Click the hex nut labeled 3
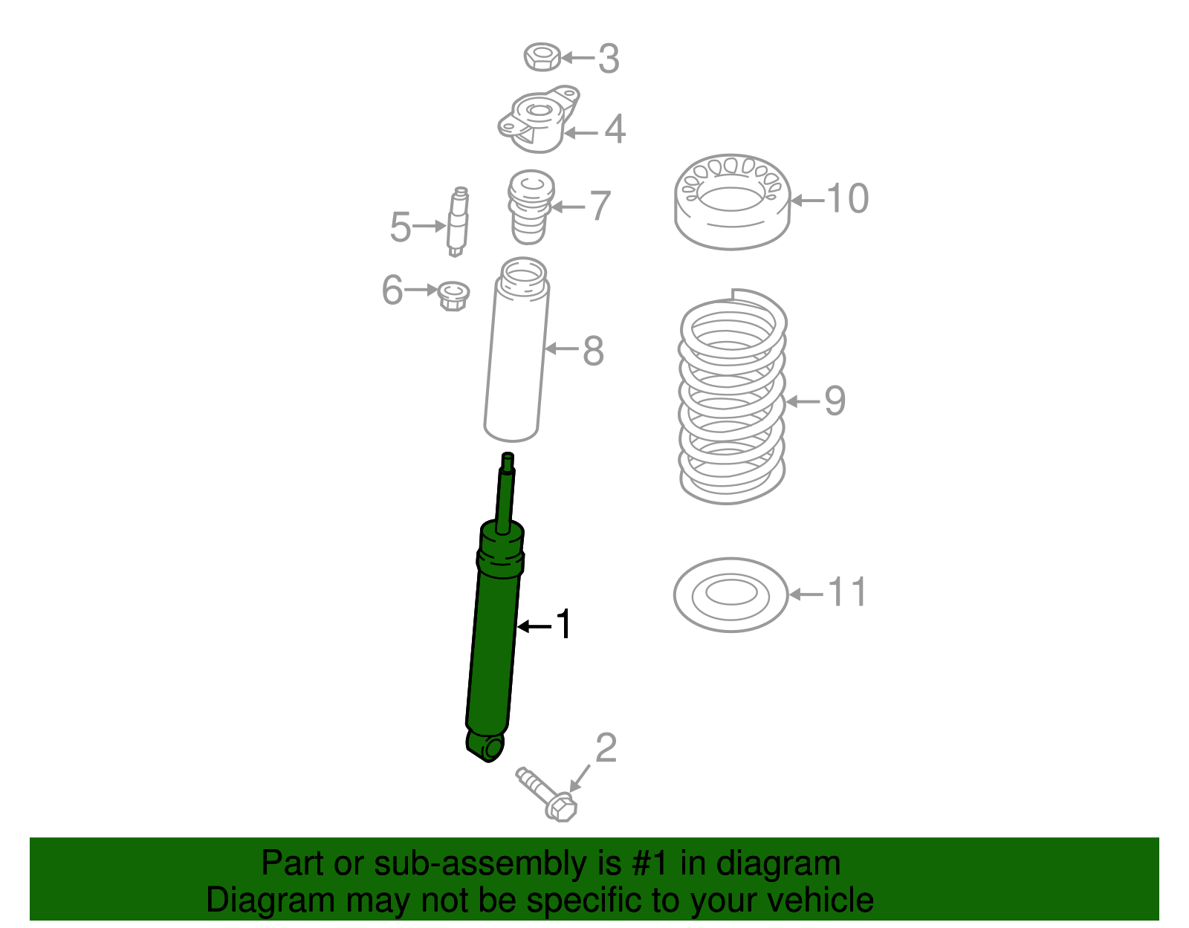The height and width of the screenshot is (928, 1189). pos(542,57)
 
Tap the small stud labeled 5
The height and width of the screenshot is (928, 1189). pos(458,221)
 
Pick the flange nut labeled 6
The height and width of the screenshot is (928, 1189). pos(453,295)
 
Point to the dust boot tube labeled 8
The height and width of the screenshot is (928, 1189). pos(515,357)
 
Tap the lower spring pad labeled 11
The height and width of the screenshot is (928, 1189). pos(730,594)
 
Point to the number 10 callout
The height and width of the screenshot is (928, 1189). pos(847,199)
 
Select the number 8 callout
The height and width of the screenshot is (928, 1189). pos(593,351)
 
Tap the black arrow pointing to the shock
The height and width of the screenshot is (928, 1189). pos(535,626)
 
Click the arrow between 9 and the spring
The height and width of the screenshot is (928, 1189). pos(803,402)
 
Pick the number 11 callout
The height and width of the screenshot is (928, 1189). pos(847,593)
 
